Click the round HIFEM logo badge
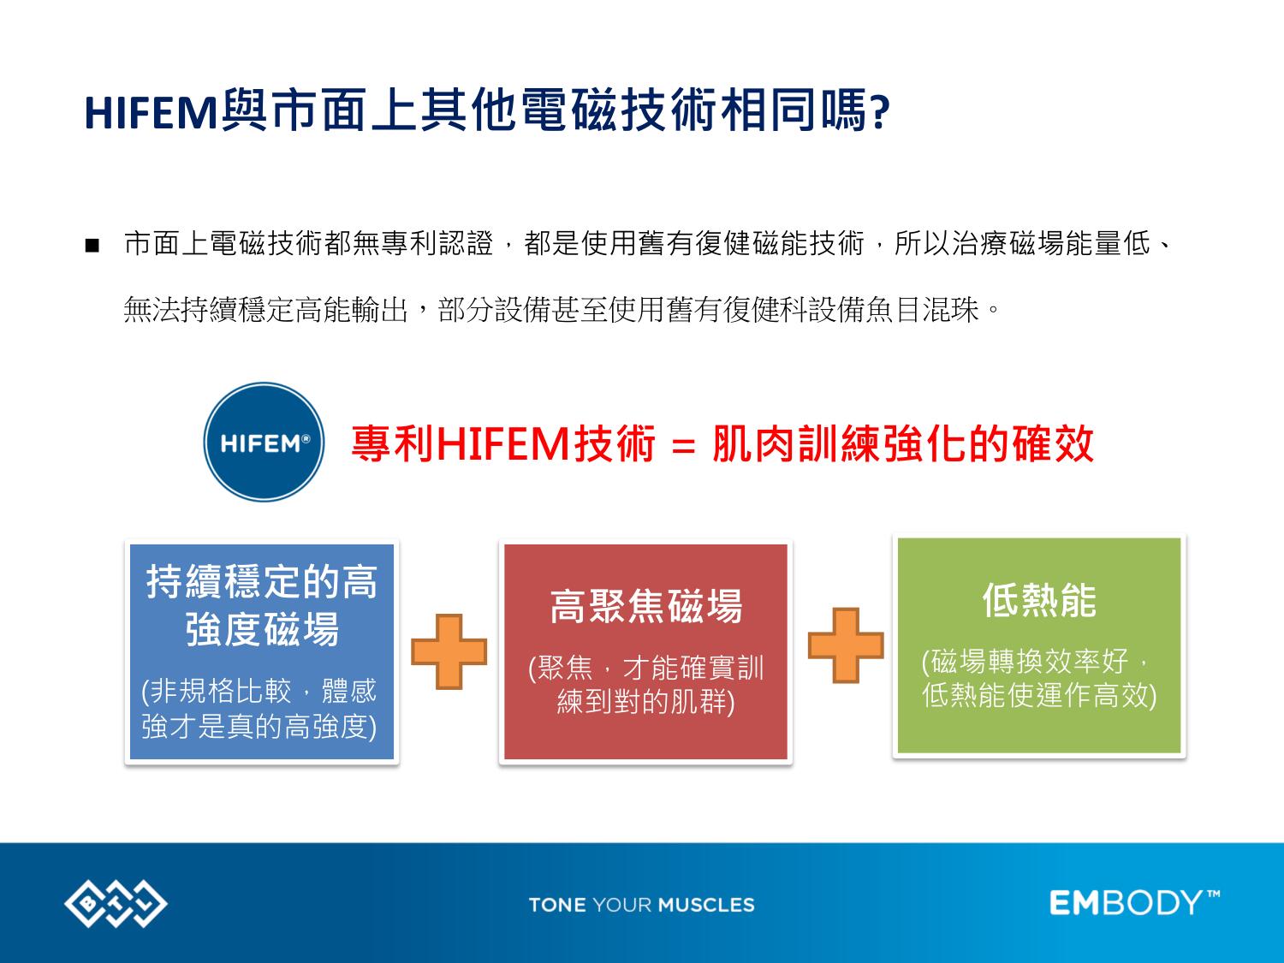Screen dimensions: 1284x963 [264, 442]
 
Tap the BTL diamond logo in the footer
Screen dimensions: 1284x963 [116, 903]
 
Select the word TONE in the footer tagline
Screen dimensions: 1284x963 [557, 905]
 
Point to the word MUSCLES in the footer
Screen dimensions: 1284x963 [707, 905]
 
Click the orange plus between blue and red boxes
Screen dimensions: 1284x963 [449, 651]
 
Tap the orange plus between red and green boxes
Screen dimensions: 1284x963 [846, 645]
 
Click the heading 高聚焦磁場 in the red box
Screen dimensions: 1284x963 [646, 606]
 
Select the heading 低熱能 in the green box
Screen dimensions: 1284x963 [1039, 600]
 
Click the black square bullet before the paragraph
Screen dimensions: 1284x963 [92, 245]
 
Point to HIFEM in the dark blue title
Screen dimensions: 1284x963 [151, 112]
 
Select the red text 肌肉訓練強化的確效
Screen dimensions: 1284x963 [903, 443]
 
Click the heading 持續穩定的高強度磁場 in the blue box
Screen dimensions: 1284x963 [261, 605]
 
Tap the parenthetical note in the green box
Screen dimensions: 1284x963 [1039, 678]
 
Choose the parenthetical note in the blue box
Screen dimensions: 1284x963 [259, 710]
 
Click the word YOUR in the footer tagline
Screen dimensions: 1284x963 [622, 905]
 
